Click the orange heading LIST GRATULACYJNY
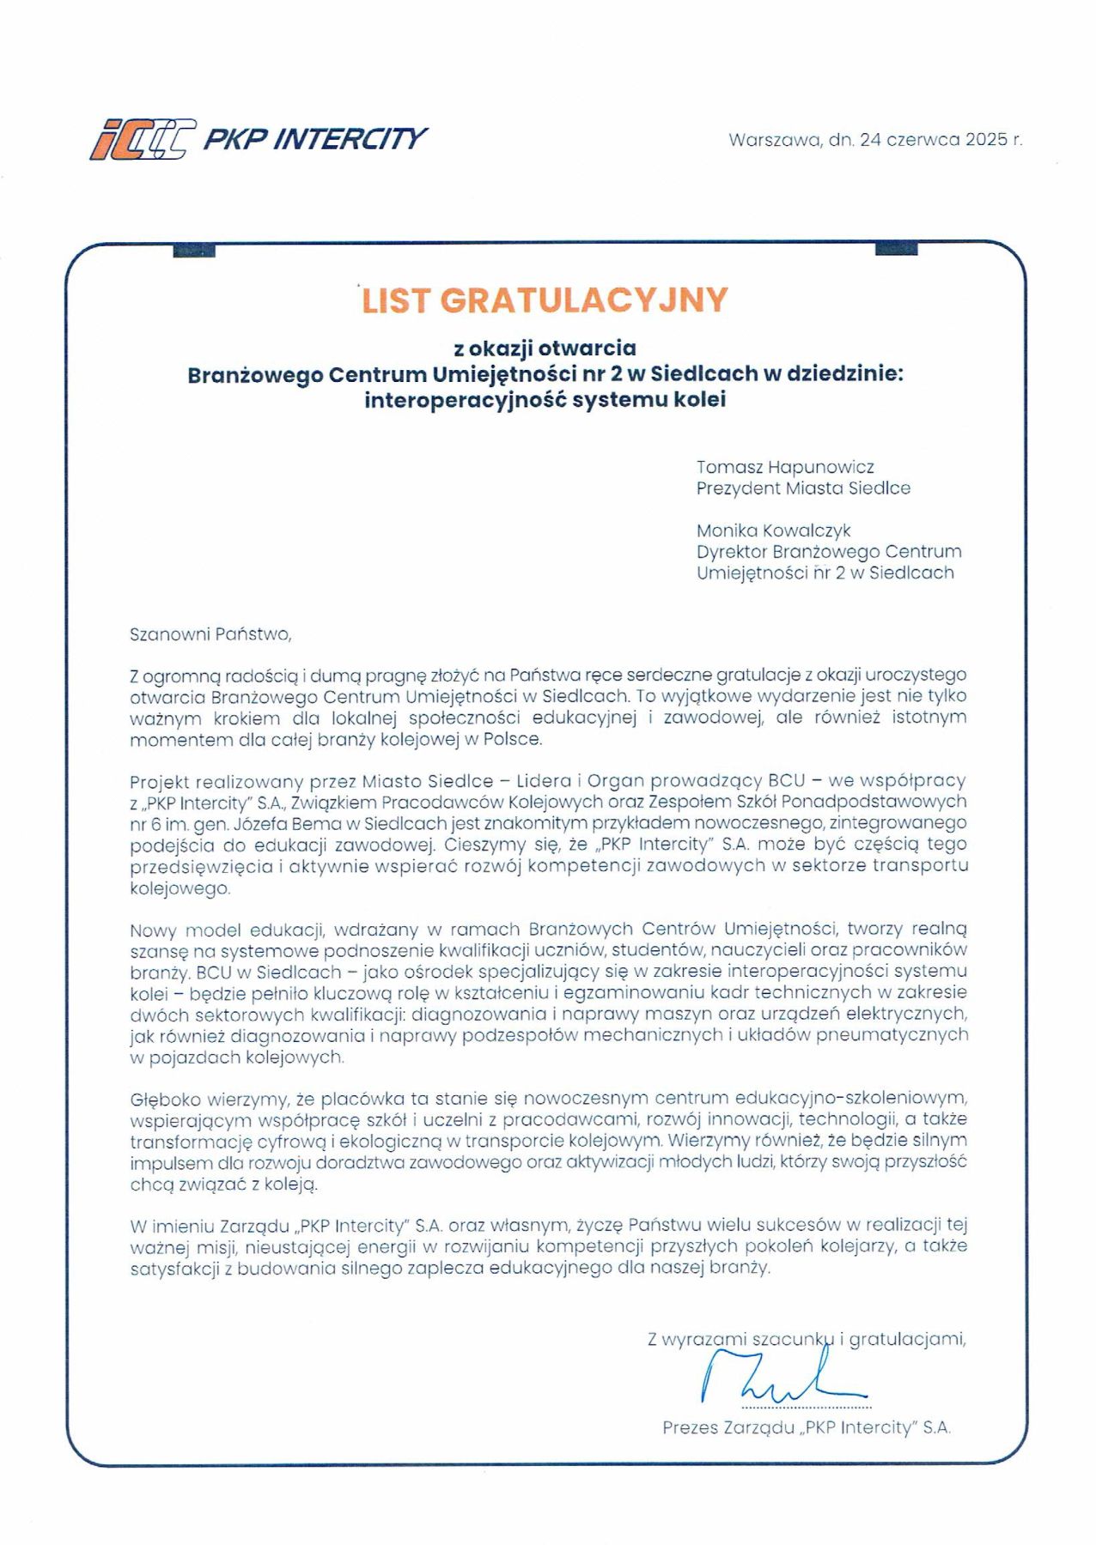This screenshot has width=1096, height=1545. (x=545, y=300)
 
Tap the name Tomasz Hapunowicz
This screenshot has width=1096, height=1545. (x=785, y=467)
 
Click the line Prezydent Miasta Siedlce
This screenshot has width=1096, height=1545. (x=803, y=488)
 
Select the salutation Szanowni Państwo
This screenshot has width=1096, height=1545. (x=210, y=634)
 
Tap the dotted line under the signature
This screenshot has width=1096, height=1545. (x=806, y=1408)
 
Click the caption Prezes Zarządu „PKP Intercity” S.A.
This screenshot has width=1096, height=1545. (x=807, y=1427)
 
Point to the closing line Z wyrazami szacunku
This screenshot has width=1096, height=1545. (x=806, y=1339)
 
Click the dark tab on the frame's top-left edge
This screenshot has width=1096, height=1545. (x=193, y=251)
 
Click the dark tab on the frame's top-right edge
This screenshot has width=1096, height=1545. (x=896, y=249)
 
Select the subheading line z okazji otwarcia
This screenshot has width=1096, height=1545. (x=545, y=348)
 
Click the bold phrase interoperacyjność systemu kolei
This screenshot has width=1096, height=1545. (x=545, y=400)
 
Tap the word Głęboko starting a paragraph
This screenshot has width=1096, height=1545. (x=165, y=1100)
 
